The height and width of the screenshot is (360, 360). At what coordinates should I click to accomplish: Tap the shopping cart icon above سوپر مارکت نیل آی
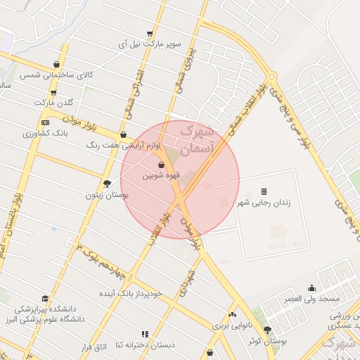coord(149,33)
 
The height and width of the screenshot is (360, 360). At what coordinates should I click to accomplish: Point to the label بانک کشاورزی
coord(44,132)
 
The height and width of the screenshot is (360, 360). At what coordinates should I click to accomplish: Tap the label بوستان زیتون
coord(106,195)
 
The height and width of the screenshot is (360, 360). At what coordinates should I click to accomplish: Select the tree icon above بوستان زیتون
coord(107,184)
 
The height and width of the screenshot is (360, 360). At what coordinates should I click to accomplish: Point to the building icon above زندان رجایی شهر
coord(264,191)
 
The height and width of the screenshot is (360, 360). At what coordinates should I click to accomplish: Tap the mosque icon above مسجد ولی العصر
coord(312,288)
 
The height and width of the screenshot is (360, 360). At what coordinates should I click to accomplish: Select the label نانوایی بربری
coord(231,326)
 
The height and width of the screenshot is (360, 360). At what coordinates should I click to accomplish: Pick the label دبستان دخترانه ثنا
coord(145,344)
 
